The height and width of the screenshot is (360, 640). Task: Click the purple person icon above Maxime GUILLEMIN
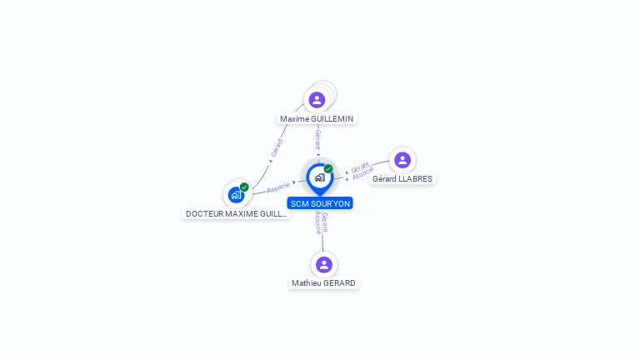[317, 100]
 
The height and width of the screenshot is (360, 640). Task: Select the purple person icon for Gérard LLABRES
[402, 160]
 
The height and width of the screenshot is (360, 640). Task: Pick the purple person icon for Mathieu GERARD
[324, 265]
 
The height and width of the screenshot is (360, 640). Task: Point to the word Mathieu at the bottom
[305, 283]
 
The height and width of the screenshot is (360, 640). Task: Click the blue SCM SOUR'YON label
[320, 203]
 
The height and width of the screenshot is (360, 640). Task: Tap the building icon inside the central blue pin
[319, 177]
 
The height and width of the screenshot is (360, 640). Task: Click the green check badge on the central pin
[328, 169]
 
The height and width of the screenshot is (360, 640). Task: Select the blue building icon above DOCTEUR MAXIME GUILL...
[236, 195]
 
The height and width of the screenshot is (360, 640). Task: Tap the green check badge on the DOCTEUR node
[244, 187]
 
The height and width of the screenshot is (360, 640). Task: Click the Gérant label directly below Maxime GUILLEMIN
[317, 139]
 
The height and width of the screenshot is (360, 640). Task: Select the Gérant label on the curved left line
[277, 147]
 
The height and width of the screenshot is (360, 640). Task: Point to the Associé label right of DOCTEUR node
[278, 187]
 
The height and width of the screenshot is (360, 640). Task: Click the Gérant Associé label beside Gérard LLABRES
[361, 171]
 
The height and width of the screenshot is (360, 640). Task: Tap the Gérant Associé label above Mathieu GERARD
[322, 222]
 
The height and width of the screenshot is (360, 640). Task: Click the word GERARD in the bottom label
[340, 283]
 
